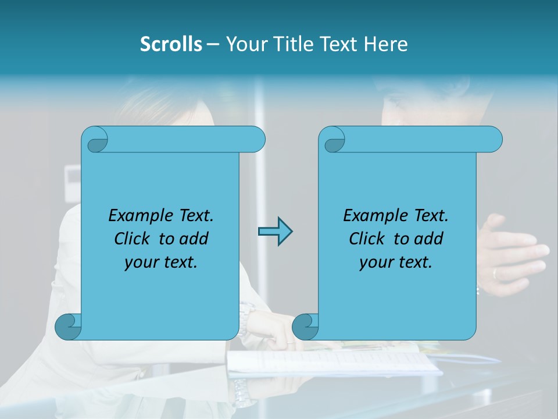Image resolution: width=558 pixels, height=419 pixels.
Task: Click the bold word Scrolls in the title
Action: point(171,44)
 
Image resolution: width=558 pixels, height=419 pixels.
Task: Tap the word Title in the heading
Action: point(293,44)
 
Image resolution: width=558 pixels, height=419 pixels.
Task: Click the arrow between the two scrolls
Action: point(275,232)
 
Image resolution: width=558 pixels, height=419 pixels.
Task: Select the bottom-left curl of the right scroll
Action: point(305,327)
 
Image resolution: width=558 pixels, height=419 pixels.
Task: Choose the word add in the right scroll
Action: point(429,239)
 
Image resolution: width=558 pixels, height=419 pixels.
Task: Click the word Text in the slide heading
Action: point(338,44)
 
